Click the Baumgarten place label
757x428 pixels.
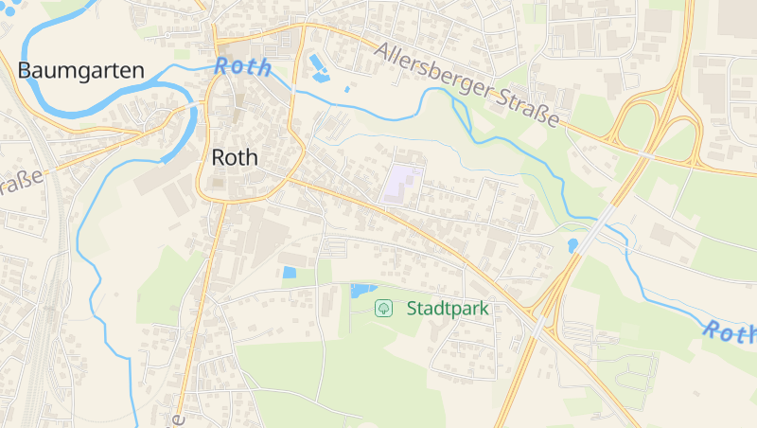pyautogui.click(x=80, y=70)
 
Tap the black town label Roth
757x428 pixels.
pyautogui.click(x=236, y=157)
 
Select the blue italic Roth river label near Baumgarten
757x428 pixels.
pyautogui.click(x=242, y=67)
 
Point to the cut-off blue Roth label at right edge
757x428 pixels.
pyautogui.click(x=731, y=332)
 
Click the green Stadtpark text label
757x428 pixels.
pyautogui.click(x=448, y=308)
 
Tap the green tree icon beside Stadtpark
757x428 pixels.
pyautogui.click(x=383, y=308)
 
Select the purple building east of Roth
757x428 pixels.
pyautogui.click(x=402, y=182)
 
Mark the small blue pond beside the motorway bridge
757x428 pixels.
pyautogui.click(x=572, y=245)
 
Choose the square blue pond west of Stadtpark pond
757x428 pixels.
pyautogui.click(x=290, y=273)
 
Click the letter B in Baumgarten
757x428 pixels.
pyautogui.click(x=25, y=70)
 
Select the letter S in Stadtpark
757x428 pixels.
pyautogui.click(x=413, y=308)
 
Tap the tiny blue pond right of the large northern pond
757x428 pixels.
pyautogui.click(x=348, y=88)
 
